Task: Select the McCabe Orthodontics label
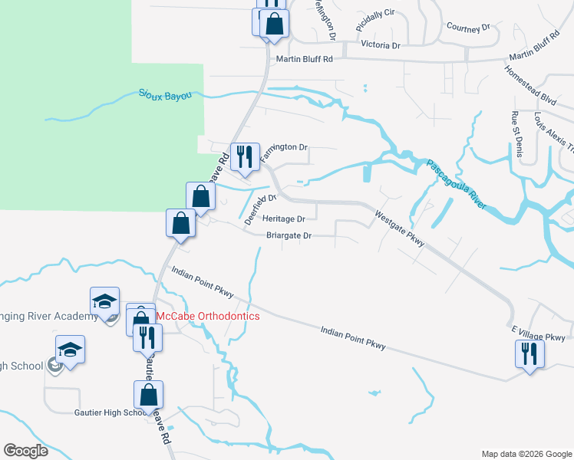[208, 316]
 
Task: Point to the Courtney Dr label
[467, 27]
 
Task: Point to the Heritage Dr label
[284, 219]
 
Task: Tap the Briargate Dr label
[289, 235]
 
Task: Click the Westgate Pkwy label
[400, 228]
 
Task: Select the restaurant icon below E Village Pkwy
[529, 353]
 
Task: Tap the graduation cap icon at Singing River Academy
[104, 301]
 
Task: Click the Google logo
[26, 451]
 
